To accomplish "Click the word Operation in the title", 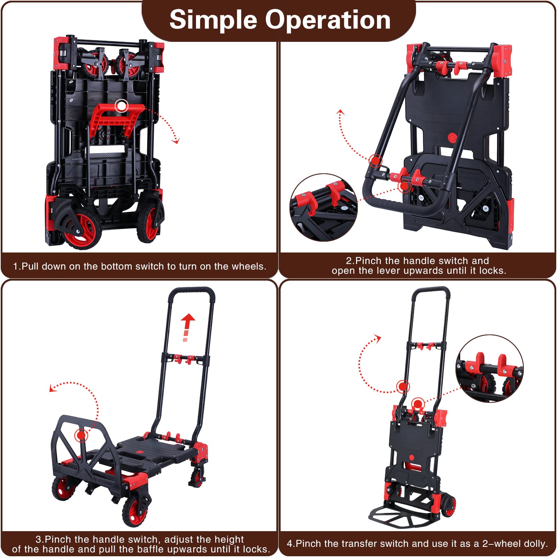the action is coord(328,20).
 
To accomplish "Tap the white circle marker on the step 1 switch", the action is coord(122,106).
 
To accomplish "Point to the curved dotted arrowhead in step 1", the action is coord(176,141).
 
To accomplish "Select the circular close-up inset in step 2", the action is coord(324,207).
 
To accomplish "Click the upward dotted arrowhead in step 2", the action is coord(340,112).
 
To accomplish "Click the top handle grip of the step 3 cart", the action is coord(192,291).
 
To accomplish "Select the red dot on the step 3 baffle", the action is coord(81,435).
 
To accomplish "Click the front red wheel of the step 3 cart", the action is coord(135,511).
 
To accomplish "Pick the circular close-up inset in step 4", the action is coord(490,369).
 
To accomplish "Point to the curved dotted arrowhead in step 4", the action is coord(378,338).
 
